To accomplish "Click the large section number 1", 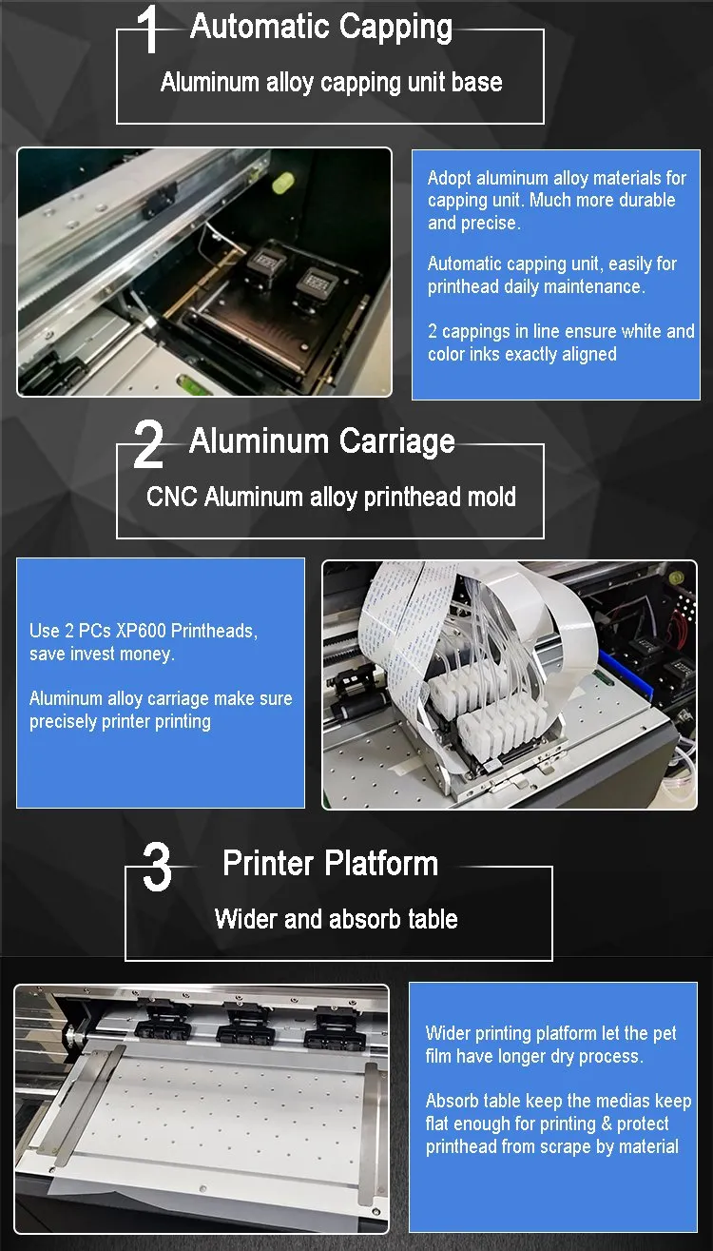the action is click(149, 30).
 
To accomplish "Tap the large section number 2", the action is click(148, 444).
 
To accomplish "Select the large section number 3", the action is click(157, 867).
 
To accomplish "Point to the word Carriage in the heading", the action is click(396, 442).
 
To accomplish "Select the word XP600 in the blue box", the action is click(140, 631).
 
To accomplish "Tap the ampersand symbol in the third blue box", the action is click(606, 1124).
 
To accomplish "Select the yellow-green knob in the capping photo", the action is click(283, 182).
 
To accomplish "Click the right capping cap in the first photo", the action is click(316, 281).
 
